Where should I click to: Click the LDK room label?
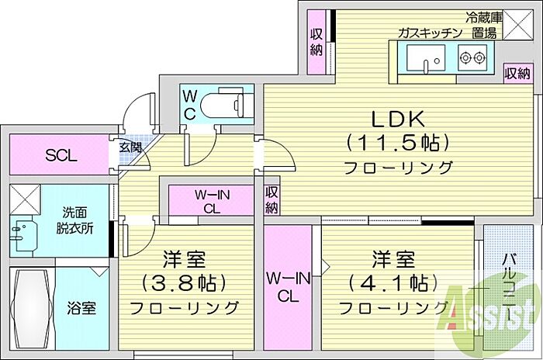(397, 119)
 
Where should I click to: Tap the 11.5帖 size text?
(397, 143)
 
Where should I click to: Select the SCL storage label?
(61, 155)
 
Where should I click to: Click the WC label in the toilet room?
(190, 105)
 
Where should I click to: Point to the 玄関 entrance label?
(130, 147)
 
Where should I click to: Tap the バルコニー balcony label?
(510, 287)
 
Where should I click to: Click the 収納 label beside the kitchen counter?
(517, 74)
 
